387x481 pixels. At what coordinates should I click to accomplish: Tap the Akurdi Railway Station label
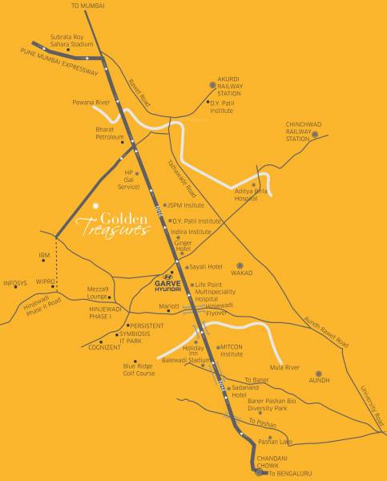click(224, 87)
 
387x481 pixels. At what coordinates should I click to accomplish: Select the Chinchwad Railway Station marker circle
click(314, 135)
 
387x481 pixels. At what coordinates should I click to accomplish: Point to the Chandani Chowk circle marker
click(258, 472)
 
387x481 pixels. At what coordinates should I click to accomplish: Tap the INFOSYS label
click(15, 283)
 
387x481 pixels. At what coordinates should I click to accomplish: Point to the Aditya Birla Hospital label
click(251, 194)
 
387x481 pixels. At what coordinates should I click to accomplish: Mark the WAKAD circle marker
click(238, 265)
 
